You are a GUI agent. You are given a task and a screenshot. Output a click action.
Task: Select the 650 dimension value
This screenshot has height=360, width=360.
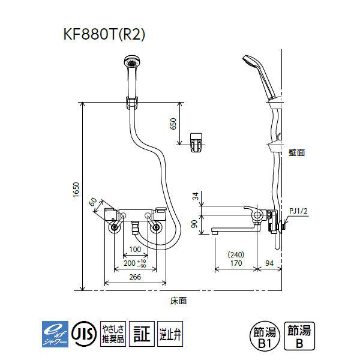pyautogui.click(x=173, y=123)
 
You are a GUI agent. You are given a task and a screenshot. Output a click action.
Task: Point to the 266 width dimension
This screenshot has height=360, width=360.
pyautogui.click(x=136, y=277)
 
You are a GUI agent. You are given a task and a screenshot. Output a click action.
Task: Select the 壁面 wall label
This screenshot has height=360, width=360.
pyautogui.click(x=296, y=153)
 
